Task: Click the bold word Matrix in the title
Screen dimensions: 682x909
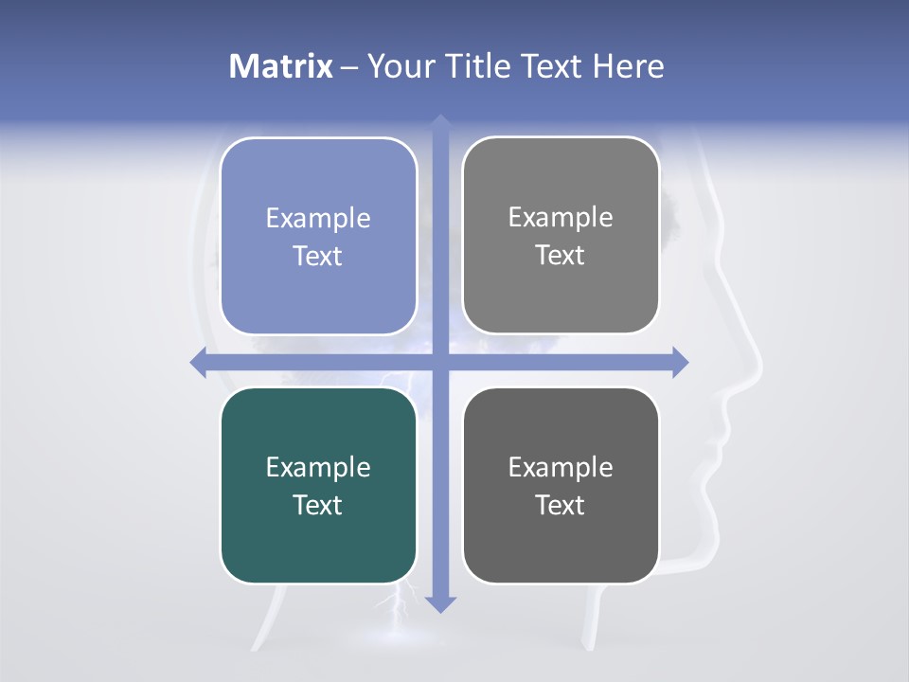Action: coord(281,66)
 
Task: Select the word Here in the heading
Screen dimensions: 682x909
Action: coord(628,66)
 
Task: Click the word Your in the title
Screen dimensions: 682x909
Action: coord(400,66)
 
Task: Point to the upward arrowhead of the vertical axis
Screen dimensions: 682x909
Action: coord(440,122)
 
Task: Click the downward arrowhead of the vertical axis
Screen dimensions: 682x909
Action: coord(440,603)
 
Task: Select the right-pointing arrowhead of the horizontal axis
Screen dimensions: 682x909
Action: coord(680,363)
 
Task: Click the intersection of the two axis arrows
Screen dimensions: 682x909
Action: coord(440,363)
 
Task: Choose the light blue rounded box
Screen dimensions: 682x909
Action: coord(318,284)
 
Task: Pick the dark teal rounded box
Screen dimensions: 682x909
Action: coord(318,549)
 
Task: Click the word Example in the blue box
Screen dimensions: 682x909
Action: coord(318,219)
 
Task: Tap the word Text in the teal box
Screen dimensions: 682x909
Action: coord(318,505)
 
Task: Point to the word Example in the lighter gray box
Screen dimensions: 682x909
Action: coord(561,218)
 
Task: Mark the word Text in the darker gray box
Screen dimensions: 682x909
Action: coord(561,505)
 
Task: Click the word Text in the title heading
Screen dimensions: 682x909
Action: coord(554,66)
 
